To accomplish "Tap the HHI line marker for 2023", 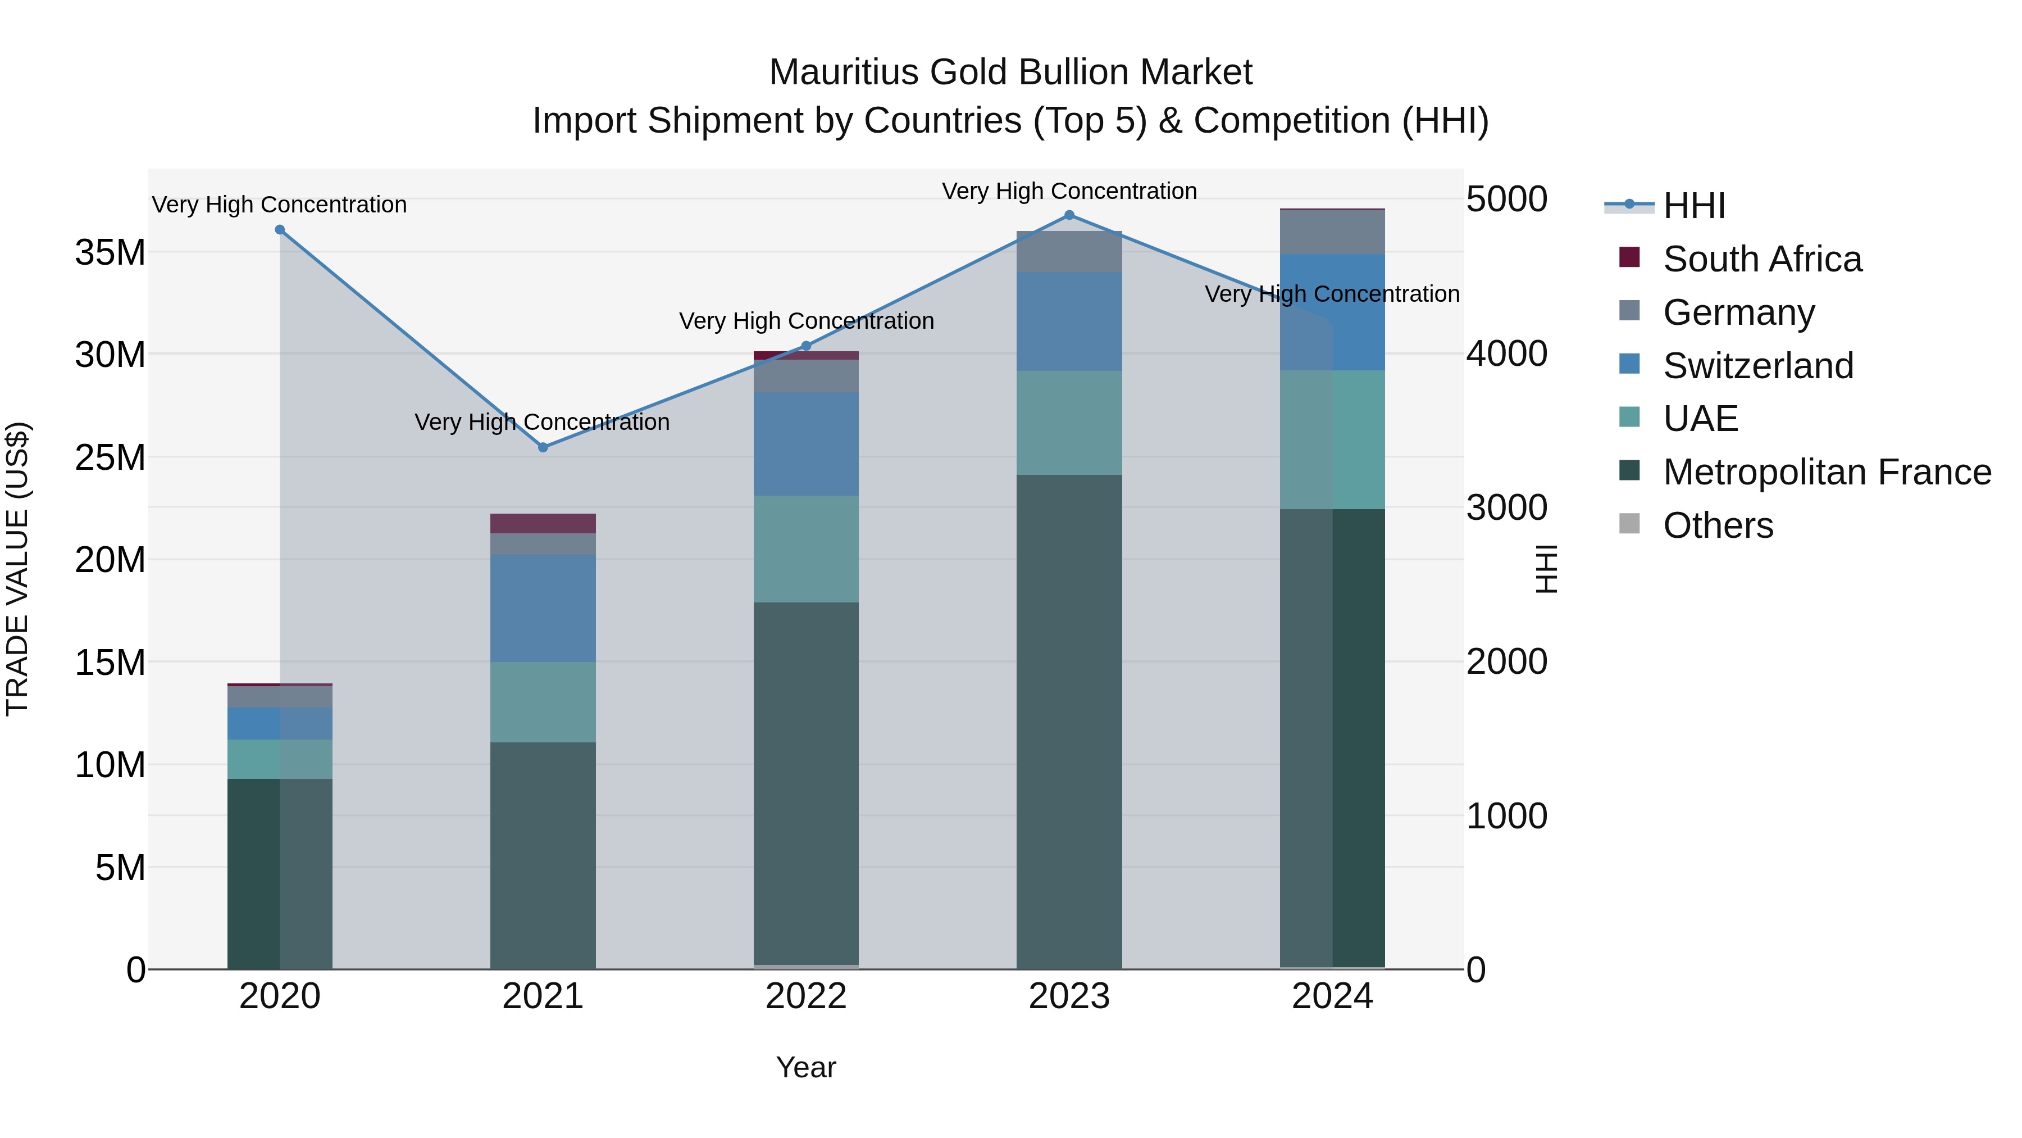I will (1068, 215).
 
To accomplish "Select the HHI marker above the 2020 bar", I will (280, 229).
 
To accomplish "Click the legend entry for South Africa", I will (1761, 259).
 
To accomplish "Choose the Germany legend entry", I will (1738, 312).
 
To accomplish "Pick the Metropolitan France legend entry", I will (1827, 472).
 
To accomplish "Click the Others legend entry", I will (1718, 525).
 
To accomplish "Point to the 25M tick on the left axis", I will (110, 457).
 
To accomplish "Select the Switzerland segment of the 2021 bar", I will (543, 608).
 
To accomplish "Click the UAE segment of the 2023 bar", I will (1068, 423).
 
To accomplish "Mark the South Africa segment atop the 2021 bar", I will (543, 523).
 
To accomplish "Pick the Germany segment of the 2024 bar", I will (1332, 232).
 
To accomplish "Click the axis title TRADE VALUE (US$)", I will (17, 569).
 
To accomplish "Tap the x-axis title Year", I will (805, 1067).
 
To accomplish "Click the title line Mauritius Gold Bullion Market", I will (1010, 72).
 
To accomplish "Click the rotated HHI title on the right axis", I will (1545, 569).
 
